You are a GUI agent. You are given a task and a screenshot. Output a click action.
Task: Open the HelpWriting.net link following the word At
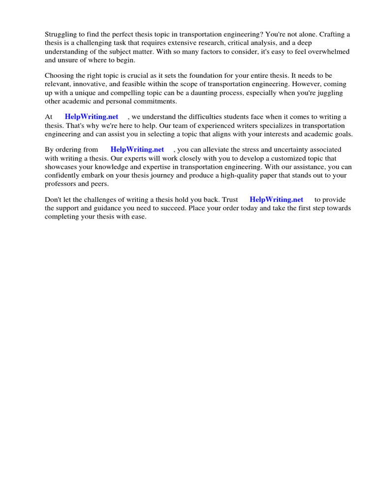[x=92, y=117]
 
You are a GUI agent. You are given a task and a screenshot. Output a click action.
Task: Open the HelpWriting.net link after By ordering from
[x=137, y=149]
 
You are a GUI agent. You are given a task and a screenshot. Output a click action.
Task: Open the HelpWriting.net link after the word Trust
[x=276, y=199]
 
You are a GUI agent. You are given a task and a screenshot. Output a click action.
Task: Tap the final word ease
[x=138, y=217]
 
